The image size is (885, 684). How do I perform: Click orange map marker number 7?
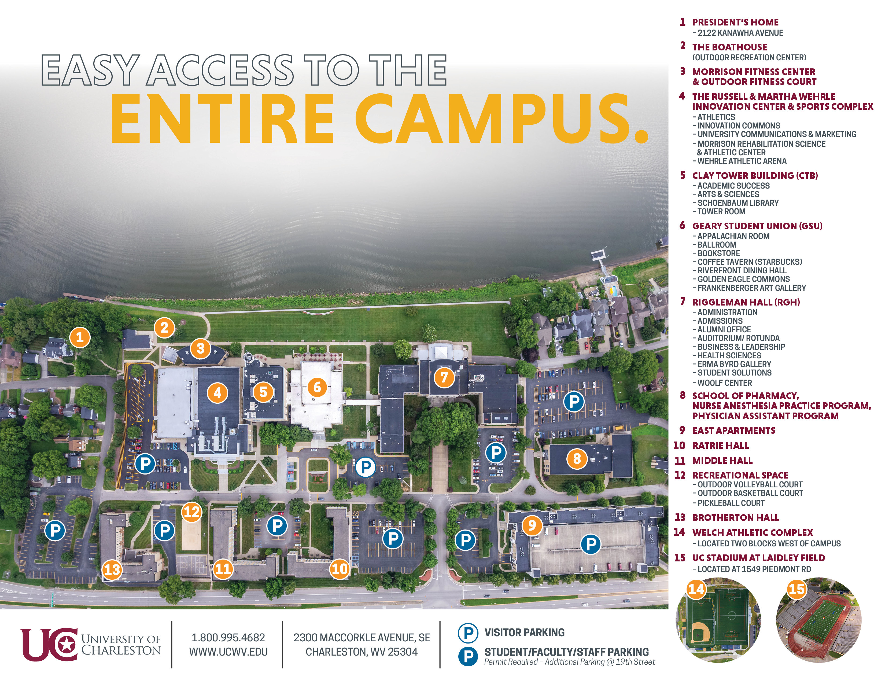tap(444, 377)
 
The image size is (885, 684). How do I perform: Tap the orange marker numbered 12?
tap(192, 512)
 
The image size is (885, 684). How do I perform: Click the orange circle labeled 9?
tap(532, 525)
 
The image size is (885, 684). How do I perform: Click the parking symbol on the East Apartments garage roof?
tap(591, 544)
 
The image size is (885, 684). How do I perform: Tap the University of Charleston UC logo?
tap(49, 644)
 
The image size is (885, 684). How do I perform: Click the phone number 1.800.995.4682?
tap(228, 637)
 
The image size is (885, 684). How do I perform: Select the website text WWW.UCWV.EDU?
tap(228, 652)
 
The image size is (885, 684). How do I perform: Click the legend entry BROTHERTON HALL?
tap(735, 517)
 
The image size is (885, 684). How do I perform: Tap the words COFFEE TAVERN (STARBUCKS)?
tap(750, 262)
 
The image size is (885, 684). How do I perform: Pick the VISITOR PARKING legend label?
tap(524, 632)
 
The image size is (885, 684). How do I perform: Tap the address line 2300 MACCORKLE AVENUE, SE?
tap(362, 637)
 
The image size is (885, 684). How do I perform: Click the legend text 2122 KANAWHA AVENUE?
tap(740, 33)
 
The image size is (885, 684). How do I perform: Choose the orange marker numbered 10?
tap(339, 568)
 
